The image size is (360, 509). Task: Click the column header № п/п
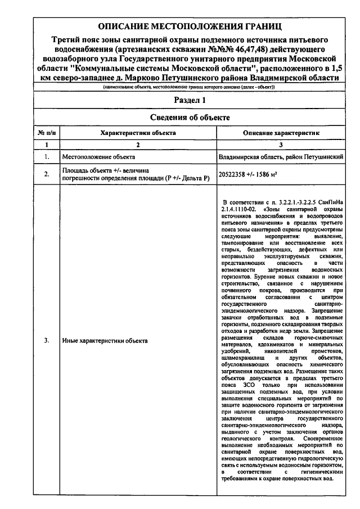click(46, 133)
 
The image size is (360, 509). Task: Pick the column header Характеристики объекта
click(137, 133)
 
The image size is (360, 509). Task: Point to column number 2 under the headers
click(137, 145)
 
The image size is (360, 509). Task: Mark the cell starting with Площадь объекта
click(135, 174)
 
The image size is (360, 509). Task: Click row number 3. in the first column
click(46, 341)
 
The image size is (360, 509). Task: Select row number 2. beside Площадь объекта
click(46, 174)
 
